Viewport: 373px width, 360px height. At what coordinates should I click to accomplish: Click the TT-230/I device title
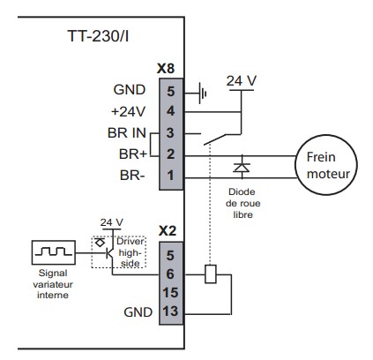pos(98,36)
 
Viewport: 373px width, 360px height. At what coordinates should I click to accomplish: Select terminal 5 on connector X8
pos(171,91)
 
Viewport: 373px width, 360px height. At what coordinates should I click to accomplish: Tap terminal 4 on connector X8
pos(171,111)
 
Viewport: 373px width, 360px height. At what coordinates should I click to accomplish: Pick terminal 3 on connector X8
pos(170,133)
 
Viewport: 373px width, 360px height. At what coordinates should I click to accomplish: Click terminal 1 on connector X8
pos(170,176)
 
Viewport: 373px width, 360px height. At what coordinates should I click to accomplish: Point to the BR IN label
pos(127,133)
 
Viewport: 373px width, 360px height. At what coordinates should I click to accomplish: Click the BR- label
pos(132,176)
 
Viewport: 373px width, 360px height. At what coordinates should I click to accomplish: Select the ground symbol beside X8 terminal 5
pos(202,94)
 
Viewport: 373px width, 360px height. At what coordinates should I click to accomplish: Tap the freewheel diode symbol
pos(242,167)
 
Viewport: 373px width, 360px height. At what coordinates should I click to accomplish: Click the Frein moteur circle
pos(326,164)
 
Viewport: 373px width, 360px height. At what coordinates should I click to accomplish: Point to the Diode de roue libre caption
pos(242,203)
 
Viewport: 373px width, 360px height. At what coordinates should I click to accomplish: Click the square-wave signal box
pos(54,252)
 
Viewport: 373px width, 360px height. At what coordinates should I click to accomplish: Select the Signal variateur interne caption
pos(53,284)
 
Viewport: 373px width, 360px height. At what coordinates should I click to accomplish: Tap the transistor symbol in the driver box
pos(110,252)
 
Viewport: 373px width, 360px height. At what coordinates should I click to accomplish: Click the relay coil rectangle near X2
pos(210,274)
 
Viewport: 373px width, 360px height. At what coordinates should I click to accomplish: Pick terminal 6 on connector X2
pos(170,274)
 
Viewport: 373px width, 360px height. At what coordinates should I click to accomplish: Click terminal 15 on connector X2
pos(170,293)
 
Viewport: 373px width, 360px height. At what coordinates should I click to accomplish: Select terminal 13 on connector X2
pos(170,311)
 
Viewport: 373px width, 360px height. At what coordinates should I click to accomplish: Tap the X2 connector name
pos(168,231)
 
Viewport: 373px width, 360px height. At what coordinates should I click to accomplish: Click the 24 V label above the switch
pos(242,80)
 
